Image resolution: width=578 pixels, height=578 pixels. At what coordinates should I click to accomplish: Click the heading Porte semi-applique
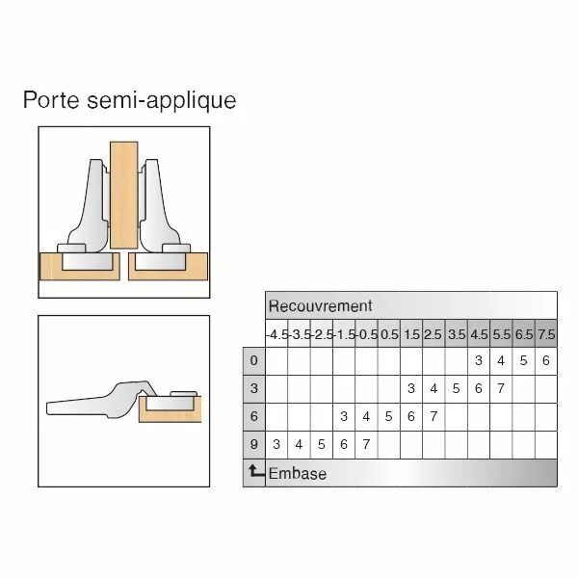[129, 100]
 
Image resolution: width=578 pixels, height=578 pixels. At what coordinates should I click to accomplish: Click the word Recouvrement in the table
[320, 306]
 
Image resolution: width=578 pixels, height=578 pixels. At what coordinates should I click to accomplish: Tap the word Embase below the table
[297, 474]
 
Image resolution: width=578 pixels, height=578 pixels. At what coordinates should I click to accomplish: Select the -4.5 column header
[276, 334]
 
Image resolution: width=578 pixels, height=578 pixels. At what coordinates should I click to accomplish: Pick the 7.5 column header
[546, 334]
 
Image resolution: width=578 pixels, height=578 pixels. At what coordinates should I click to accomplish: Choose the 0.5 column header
[389, 334]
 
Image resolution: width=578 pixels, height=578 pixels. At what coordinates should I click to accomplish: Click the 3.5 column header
[457, 334]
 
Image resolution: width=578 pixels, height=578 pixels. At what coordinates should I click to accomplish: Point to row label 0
[254, 360]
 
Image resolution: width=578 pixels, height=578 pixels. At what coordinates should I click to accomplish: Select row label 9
[254, 444]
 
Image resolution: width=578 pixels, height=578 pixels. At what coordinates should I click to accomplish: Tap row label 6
[254, 416]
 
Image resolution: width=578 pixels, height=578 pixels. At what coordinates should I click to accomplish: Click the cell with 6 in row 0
[546, 360]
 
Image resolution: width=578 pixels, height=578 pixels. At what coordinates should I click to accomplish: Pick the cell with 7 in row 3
[501, 388]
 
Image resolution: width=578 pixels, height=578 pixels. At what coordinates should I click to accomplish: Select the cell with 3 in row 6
[344, 416]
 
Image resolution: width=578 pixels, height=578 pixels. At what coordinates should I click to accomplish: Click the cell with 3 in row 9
[276, 444]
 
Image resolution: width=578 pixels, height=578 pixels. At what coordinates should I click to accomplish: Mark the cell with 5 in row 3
[457, 388]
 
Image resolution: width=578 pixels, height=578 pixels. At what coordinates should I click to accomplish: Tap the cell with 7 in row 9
[366, 444]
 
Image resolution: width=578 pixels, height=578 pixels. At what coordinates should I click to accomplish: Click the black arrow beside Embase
[256, 471]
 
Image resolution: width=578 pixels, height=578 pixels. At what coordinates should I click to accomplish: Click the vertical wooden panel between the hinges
[124, 196]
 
